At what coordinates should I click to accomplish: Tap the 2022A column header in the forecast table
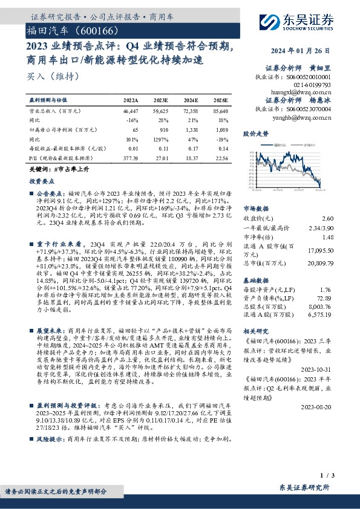[x=131, y=100]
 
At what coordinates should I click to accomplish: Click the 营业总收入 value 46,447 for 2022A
[x=130, y=112]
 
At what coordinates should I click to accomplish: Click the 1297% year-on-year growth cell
[x=161, y=138]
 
